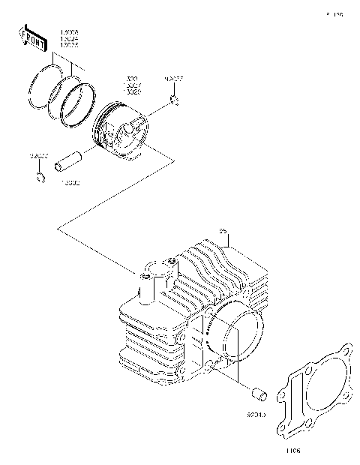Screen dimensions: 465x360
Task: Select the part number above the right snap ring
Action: click(173, 78)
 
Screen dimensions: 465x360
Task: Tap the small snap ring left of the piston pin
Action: click(40, 177)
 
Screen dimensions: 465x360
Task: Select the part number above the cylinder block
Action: click(223, 230)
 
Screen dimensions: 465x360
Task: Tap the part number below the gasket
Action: click(292, 451)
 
